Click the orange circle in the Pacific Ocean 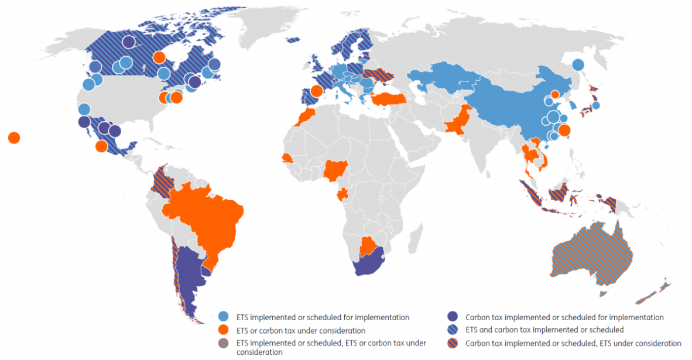pyautogui.click(x=14, y=138)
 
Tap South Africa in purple pyautogui.click(x=368, y=265)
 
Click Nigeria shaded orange pyautogui.click(x=335, y=170)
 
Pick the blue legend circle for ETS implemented pyautogui.click(x=224, y=317)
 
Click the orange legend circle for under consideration pyautogui.click(x=224, y=330)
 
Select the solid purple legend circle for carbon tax pyautogui.click(x=453, y=317)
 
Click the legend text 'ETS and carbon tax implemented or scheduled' pyautogui.click(x=544, y=330)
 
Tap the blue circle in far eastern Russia pyautogui.click(x=578, y=65)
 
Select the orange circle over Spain pyautogui.click(x=317, y=91)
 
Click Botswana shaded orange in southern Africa pyautogui.click(x=366, y=246)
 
